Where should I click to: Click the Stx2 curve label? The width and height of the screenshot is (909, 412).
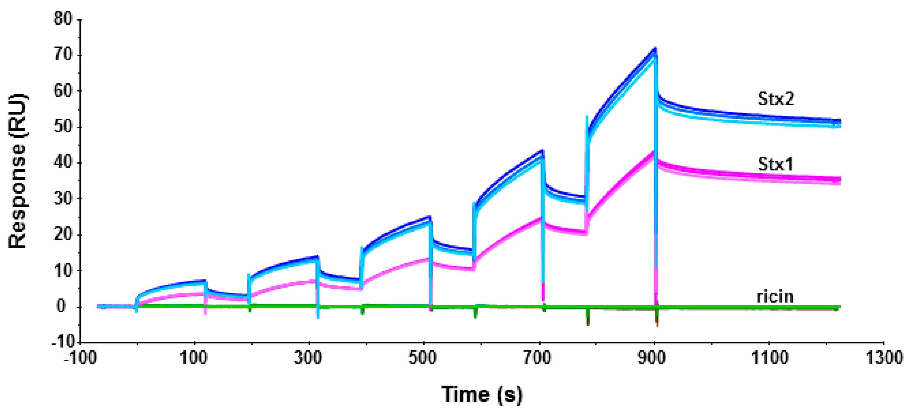click(776, 99)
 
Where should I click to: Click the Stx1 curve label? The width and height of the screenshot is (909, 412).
click(775, 164)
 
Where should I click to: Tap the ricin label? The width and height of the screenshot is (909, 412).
click(775, 297)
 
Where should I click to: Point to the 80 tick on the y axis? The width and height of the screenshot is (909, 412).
click(63, 18)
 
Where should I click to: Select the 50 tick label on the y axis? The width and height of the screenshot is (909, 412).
click(63, 127)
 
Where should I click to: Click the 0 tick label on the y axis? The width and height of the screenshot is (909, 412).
click(61, 306)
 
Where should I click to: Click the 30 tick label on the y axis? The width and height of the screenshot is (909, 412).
click(63, 198)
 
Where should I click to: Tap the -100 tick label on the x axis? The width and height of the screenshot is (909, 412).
click(80, 358)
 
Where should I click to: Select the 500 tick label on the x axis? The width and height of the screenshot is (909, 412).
click(422, 358)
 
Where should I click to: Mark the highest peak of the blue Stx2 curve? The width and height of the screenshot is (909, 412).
click(655, 49)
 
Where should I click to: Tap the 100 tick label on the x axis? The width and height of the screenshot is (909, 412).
click(193, 358)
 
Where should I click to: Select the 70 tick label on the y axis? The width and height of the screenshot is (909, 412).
click(63, 55)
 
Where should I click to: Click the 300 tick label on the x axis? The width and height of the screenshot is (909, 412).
click(308, 358)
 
